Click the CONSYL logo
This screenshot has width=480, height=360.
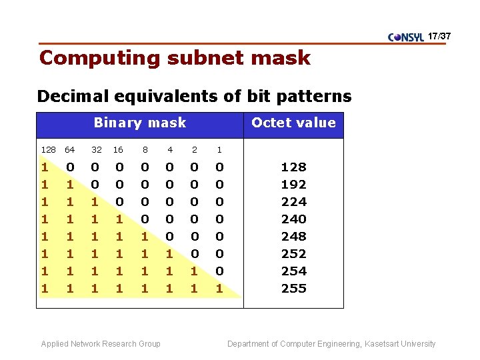pos(406,37)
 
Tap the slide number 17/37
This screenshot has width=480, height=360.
pos(439,35)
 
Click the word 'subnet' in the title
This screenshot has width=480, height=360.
pos(205,58)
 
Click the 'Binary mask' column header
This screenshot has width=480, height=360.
pos(140,123)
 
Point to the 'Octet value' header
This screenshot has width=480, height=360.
pos(293,123)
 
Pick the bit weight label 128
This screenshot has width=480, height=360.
pos(49,150)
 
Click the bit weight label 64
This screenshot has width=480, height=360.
pos(70,150)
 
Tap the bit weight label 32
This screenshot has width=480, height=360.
pos(97,150)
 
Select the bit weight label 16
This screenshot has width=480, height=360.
pos(118,150)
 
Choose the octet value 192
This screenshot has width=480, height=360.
pos(293,184)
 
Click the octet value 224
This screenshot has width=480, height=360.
pos(293,201)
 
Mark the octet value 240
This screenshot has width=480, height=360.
pos(293,219)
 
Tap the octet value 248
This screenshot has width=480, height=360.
pos(293,236)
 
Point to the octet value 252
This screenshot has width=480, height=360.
pos(293,253)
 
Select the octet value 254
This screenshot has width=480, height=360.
pos(293,271)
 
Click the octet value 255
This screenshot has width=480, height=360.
pos(293,288)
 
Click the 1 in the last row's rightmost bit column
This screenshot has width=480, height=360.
pos(219,288)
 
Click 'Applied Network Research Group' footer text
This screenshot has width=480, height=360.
pos(101,344)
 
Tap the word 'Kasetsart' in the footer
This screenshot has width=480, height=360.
pos(381,344)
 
